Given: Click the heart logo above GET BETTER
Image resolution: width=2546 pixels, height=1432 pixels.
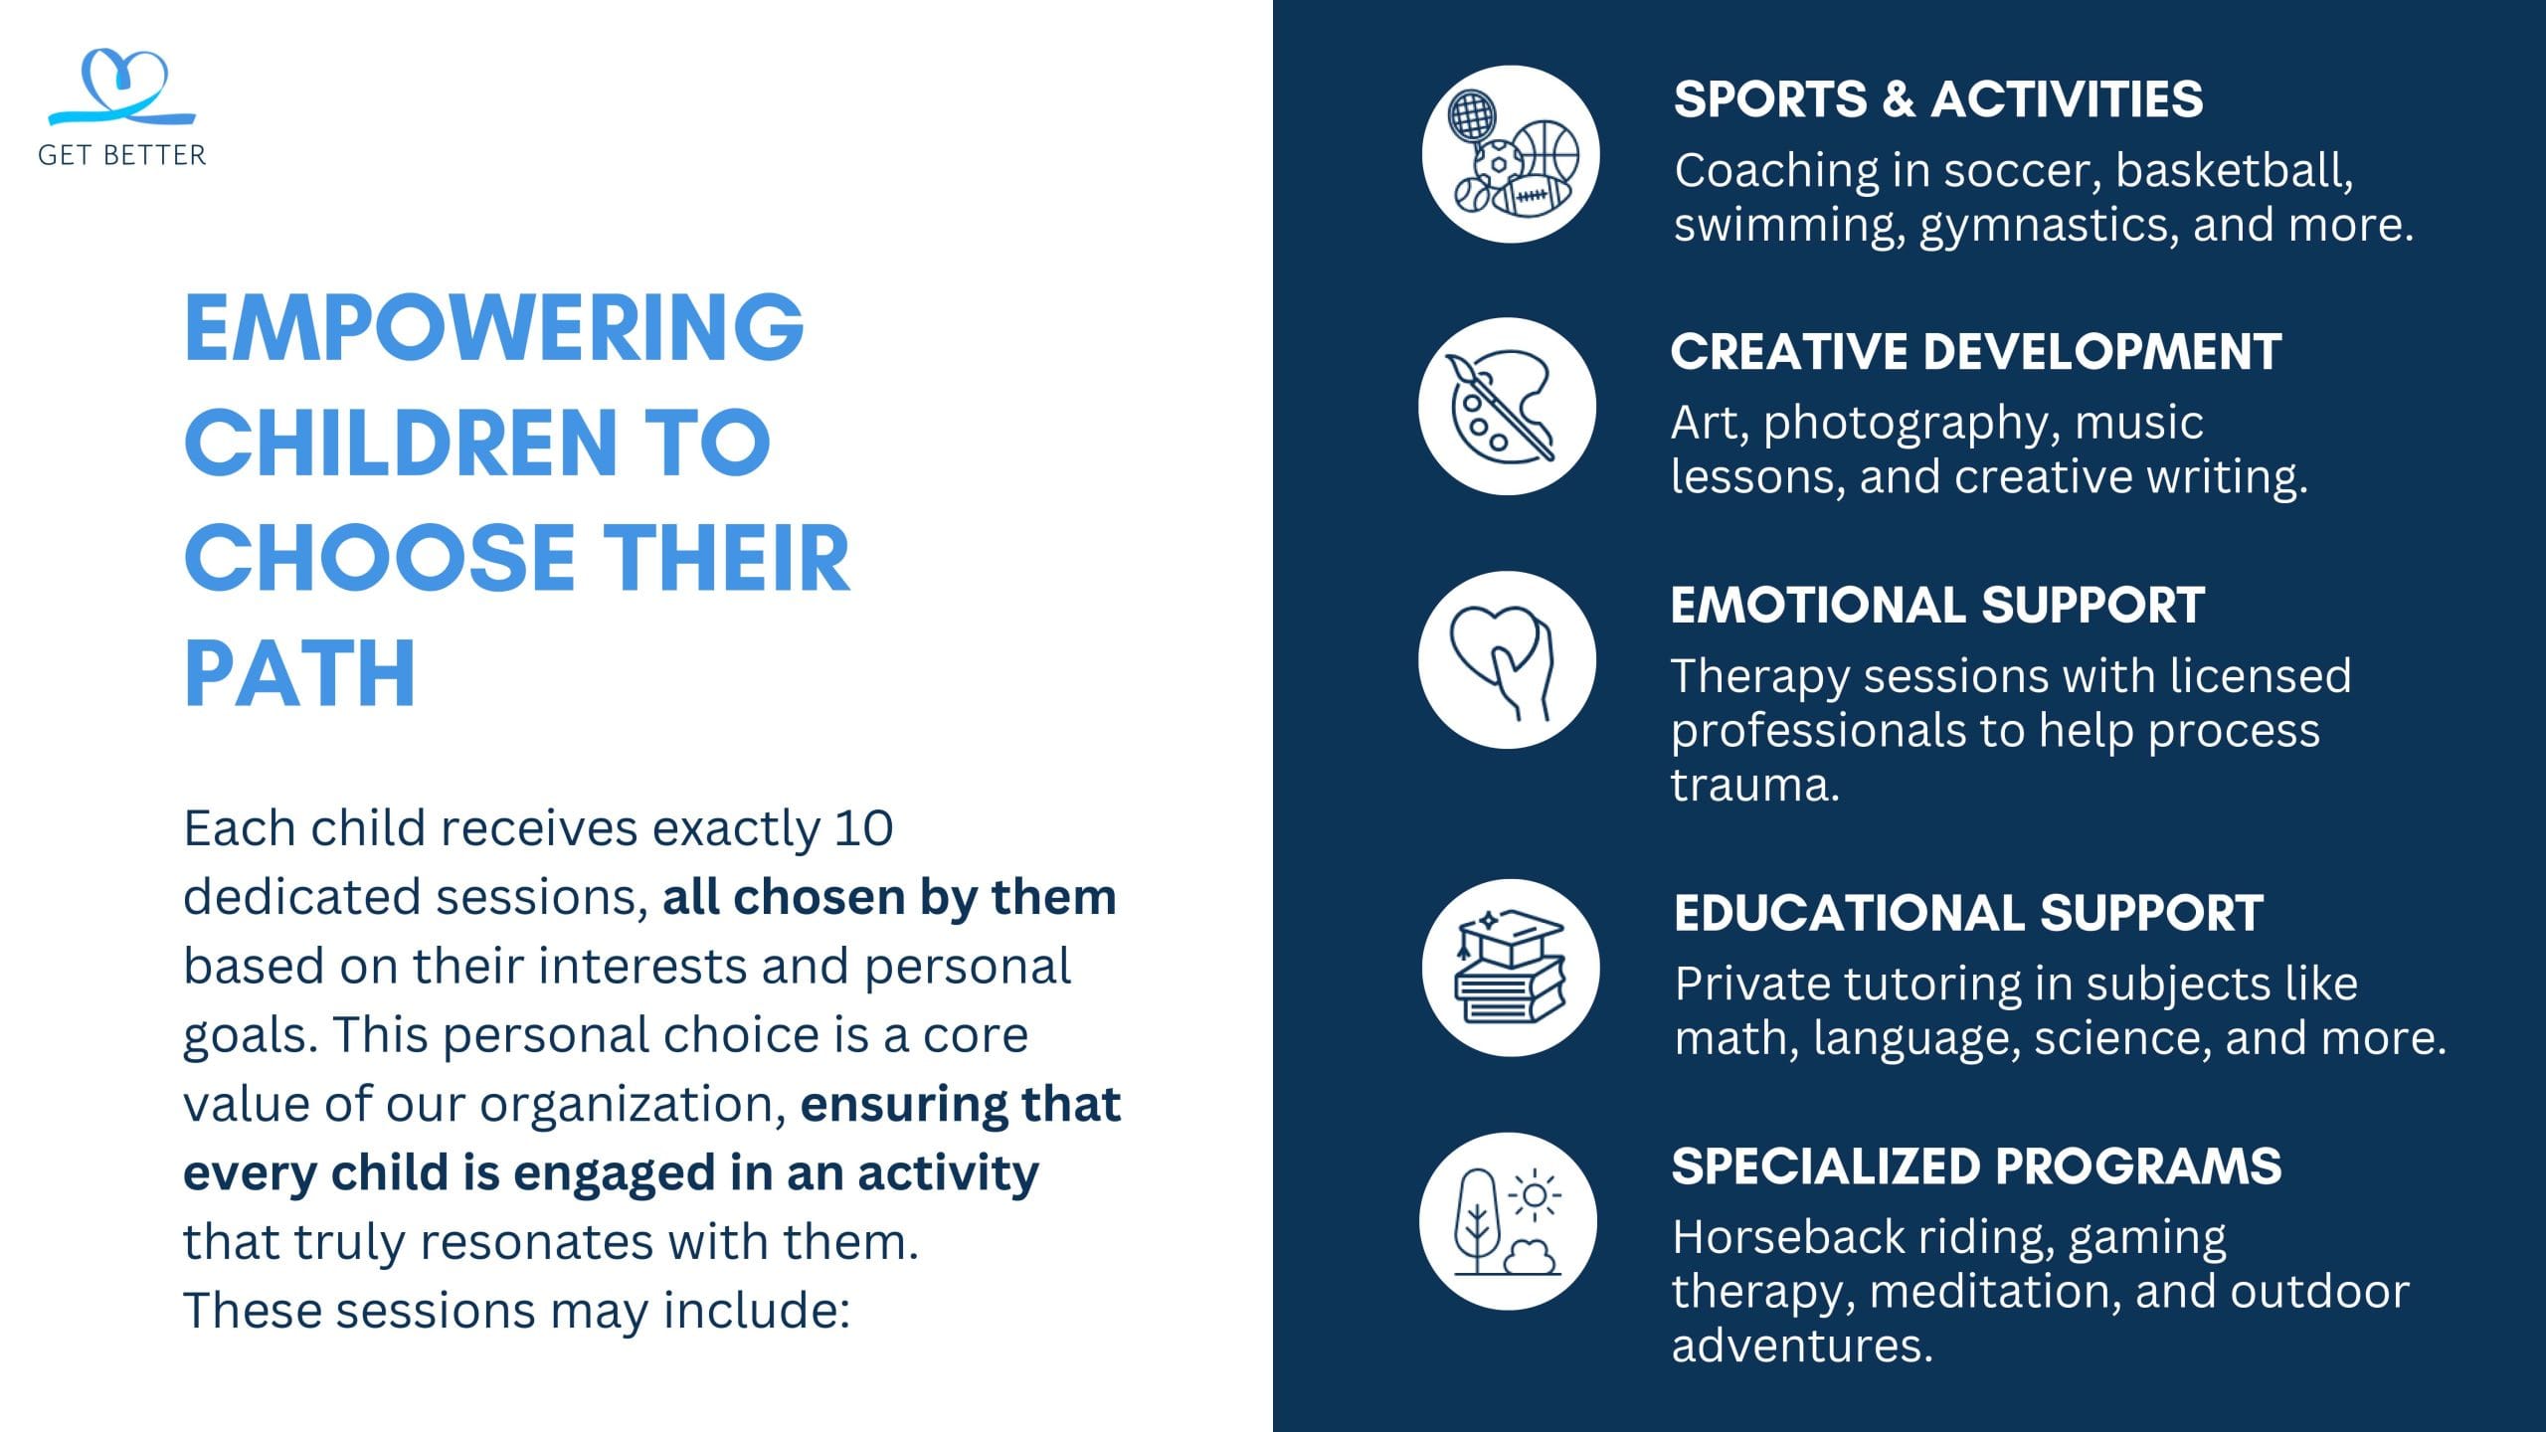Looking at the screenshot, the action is click(122, 88).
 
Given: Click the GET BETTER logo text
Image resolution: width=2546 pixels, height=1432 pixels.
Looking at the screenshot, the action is click(122, 155).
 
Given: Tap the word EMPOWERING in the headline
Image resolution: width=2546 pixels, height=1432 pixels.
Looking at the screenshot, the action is click(494, 327).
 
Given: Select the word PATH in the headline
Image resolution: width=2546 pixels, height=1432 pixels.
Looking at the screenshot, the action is click(299, 673).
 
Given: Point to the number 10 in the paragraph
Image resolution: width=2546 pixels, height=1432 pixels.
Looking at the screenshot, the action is click(863, 828).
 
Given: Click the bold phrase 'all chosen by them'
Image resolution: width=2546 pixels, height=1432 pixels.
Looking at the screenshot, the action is click(889, 897).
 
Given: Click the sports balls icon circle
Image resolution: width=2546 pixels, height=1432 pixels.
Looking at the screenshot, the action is click(1511, 154).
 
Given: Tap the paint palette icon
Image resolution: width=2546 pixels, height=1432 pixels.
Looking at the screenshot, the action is click(1507, 407).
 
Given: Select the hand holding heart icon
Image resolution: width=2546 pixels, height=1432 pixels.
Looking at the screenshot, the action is click(1507, 660).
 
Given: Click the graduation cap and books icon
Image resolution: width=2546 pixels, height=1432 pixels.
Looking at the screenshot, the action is click(1511, 968).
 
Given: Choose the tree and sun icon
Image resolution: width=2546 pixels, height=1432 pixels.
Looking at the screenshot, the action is click(1508, 1221).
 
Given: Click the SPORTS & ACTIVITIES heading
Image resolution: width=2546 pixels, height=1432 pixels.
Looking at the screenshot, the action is click(1938, 99).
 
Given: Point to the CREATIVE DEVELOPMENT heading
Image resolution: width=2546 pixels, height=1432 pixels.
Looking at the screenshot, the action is click(1976, 352).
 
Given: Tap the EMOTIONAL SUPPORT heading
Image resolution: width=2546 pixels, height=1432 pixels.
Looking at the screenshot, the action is click(1937, 606).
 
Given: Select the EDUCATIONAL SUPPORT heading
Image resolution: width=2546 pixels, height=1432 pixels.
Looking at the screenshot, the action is click(1969, 913).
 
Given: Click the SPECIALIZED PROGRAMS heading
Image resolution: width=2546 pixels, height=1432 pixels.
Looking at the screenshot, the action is click(1976, 1166).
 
